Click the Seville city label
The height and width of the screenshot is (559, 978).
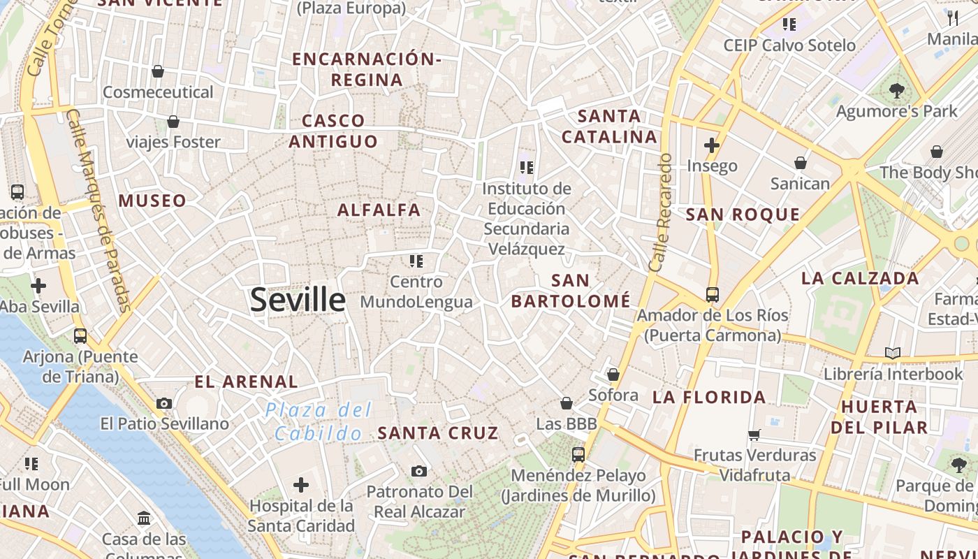click(298, 300)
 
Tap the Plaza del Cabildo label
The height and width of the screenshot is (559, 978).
click(319, 422)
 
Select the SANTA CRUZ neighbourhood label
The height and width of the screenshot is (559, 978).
click(438, 433)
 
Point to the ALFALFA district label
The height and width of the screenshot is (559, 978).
click(379, 210)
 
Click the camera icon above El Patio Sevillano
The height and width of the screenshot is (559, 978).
click(164, 403)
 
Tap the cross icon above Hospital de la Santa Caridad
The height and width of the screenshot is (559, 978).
click(301, 484)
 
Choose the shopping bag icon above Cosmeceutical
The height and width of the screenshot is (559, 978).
click(158, 71)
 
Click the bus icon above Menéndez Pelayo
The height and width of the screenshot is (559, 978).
click(578, 454)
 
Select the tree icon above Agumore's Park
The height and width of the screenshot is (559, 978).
click(897, 90)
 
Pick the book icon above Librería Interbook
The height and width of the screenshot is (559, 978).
click(893, 353)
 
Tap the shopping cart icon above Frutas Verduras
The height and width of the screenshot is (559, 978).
click(754, 435)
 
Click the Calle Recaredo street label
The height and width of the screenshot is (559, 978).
click(660, 212)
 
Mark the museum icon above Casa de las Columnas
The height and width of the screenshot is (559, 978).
click(144, 518)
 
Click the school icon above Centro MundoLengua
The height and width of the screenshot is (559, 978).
click(416, 261)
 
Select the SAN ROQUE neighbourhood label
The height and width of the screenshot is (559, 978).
click(743, 215)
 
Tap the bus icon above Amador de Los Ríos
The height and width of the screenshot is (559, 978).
click(713, 294)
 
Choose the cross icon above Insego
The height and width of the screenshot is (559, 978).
click(712, 145)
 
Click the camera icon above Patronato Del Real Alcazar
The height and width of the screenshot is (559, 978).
click(419, 471)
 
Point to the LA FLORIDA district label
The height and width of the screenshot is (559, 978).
click(709, 398)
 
